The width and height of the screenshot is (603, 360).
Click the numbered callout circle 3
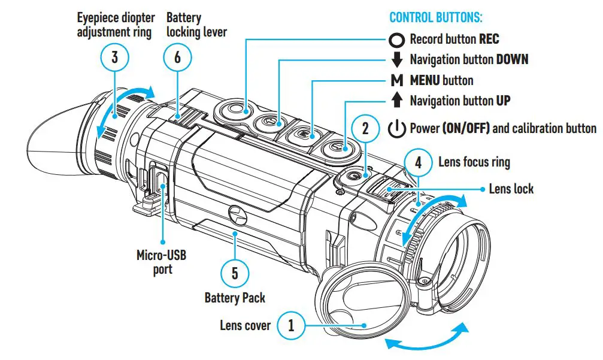pos(115,58)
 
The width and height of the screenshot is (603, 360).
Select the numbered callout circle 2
pos(369,128)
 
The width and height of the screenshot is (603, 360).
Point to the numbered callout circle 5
pos(234,274)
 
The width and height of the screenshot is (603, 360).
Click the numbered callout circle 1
pos(291,326)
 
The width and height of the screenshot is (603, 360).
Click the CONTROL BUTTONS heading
pos(436,17)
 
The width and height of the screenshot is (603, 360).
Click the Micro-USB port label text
pos(161,262)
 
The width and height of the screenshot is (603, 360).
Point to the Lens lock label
pos(511,189)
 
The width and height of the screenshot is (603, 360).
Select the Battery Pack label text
pos(234,298)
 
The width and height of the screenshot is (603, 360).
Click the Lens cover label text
pos(245,326)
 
